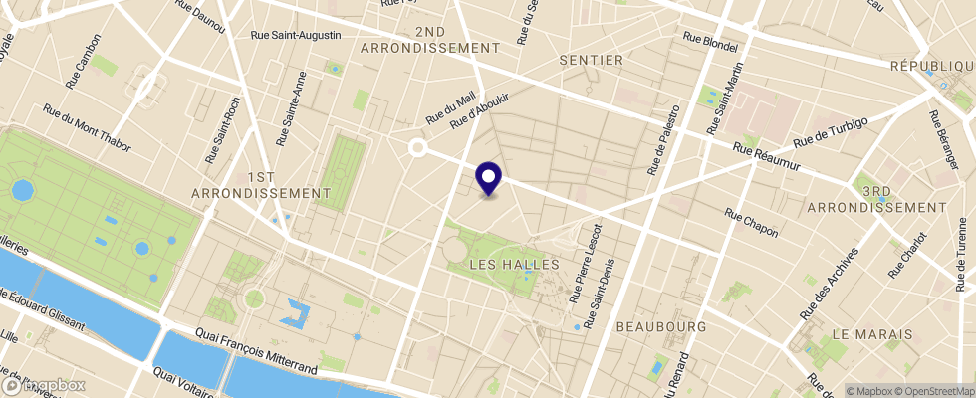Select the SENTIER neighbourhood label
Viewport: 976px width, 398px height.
pyautogui.click(x=591, y=61)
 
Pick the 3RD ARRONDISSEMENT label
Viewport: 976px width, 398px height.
pyautogui.click(x=876, y=198)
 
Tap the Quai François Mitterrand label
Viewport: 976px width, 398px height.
pyautogui.click(x=256, y=355)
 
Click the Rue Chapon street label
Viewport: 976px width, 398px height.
pyautogui.click(x=751, y=222)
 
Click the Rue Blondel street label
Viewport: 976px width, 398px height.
pyautogui.click(x=710, y=43)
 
